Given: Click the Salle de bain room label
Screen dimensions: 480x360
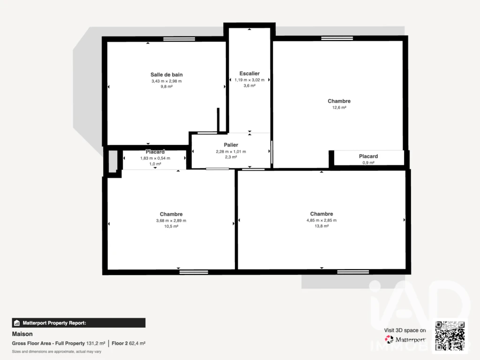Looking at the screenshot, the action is click(x=166, y=75).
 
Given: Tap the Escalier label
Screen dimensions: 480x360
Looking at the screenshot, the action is click(x=249, y=74).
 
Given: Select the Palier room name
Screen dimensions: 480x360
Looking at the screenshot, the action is click(x=231, y=145).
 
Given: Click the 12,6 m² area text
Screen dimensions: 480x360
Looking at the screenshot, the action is click(x=339, y=107).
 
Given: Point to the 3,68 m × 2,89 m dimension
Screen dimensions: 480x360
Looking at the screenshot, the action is click(x=171, y=220).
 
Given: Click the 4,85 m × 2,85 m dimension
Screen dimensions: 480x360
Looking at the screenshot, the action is click(x=322, y=220).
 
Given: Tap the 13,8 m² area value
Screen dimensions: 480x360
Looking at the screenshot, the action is click(x=322, y=226).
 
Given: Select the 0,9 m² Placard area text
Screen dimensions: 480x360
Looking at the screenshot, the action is click(x=368, y=163).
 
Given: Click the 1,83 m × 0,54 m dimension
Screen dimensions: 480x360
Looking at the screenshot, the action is click(x=155, y=158).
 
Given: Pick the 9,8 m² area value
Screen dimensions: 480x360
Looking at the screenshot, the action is click(x=166, y=87).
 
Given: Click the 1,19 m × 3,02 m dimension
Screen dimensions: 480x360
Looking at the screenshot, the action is click(x=249, y=80).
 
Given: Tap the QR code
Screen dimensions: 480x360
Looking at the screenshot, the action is click(x=450, y=336).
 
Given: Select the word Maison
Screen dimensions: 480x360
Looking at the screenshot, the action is click(x=22, y=334).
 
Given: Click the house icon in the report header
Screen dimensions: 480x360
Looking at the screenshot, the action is click(x=17, y=323).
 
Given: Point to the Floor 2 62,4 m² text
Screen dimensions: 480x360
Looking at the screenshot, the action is click(x=128, y=344).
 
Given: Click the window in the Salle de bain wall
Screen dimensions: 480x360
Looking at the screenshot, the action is click(x=179, y=39).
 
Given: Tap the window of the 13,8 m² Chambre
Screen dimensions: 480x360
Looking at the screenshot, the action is click(x=353, y=272).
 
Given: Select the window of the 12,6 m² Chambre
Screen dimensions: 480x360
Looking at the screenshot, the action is click(x=337, y=38).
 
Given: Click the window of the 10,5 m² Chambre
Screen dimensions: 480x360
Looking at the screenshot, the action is click(x=194, y=272).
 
